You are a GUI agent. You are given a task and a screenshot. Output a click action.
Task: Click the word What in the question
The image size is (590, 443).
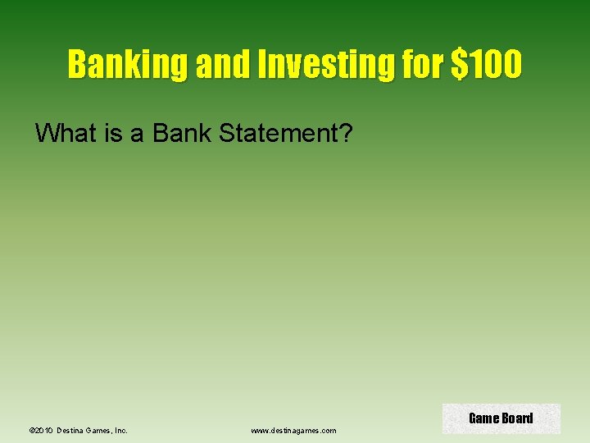pyautogui.click(x=67, y=132)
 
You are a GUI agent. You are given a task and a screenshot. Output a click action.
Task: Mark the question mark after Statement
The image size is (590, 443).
pyautogui.click(x=345, y=132)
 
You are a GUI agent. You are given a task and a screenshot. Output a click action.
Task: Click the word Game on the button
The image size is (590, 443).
pyautogui.click(x=483, y=418)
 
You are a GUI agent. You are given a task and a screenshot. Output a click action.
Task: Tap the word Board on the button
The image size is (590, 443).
pyautogui.click(x=517, y=418)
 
